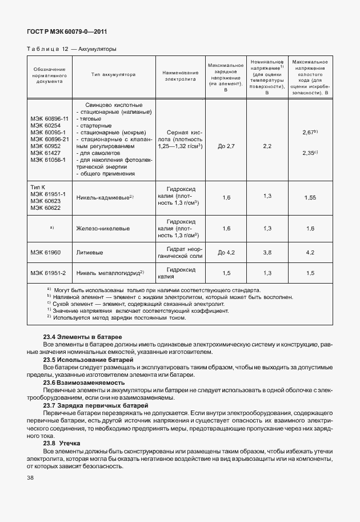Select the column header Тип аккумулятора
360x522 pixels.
113,75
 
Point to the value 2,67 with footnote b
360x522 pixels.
310,133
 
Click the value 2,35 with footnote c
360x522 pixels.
310,153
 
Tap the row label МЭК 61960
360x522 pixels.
45,252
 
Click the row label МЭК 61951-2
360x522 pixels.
48,273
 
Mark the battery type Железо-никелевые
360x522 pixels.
103,228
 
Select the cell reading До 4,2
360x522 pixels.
226,252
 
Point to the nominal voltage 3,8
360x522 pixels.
267,252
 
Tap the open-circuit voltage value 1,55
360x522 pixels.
310,197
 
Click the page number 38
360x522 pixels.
30,477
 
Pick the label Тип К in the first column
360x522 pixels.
38,187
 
